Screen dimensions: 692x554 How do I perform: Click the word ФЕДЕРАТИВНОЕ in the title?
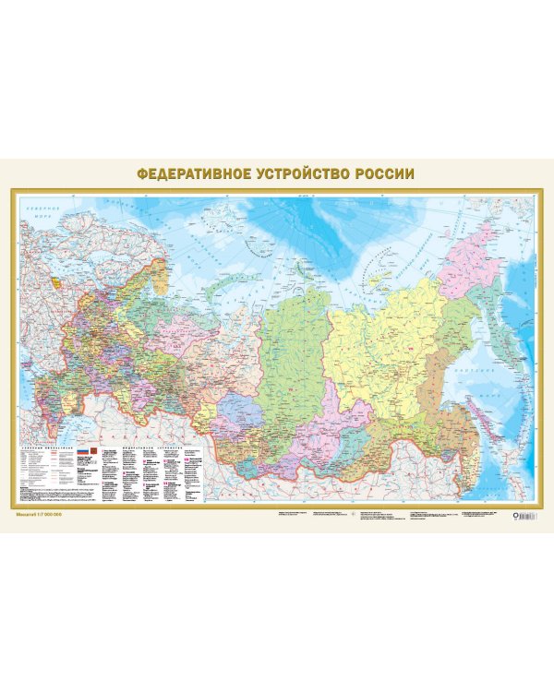click(x=190, y=173)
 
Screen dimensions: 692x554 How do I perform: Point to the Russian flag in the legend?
click(x=79, y=450)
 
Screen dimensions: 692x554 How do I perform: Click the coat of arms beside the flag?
click(x=91, y=450)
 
